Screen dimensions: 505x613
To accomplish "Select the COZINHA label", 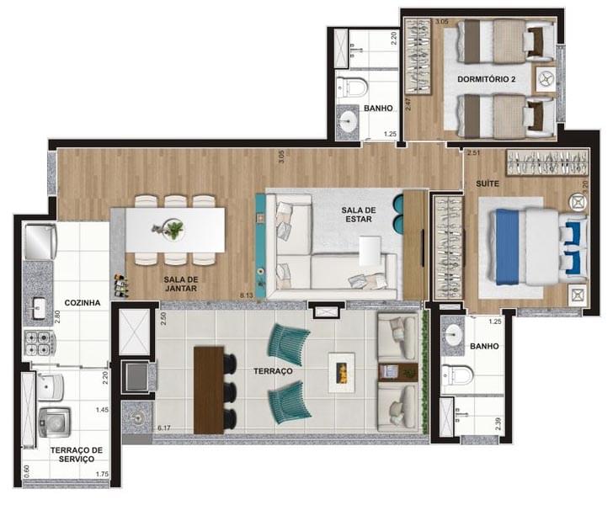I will (83, 302).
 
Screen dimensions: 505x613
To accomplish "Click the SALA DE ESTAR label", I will (360, 215).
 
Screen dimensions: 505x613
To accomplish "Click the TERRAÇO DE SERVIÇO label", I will (77, 455).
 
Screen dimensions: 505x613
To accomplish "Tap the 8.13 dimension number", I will (247, 295).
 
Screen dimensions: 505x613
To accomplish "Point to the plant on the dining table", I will (173, 228).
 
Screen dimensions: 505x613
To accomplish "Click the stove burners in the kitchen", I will (39, 342).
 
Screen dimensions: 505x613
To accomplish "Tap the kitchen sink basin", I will (39, 307).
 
